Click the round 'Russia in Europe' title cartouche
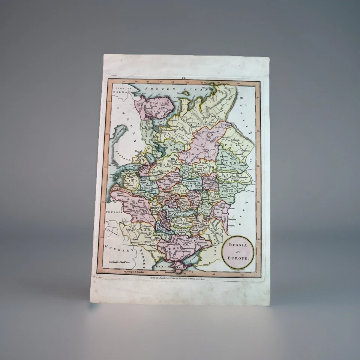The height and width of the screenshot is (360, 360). pos(238,252)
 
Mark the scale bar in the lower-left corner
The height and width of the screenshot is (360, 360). pos(119,261)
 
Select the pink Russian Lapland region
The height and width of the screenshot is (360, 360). pos(154,107)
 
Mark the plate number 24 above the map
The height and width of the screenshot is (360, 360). pos(184,78)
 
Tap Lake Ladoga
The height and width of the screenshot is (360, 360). pos(160,150)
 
